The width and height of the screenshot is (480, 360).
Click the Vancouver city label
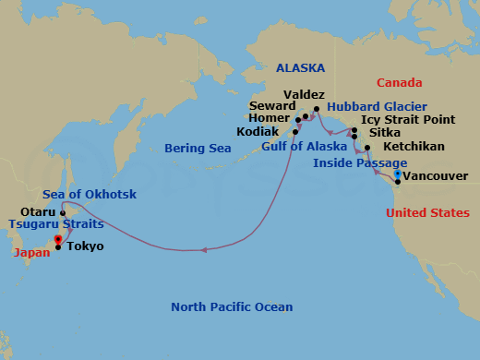pos(437,175)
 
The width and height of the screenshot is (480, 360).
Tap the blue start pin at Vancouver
pos(397,174)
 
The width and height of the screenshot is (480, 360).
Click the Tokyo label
pos(85,246)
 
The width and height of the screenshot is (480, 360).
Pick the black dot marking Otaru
pos(63,212)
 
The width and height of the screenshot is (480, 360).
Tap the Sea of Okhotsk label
pos(86,193)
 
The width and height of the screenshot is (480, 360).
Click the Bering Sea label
pos(198,148)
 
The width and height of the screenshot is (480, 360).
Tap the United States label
pos(426,212)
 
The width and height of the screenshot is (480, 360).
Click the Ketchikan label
pos(413,147)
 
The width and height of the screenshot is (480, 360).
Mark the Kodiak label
pos(263,132)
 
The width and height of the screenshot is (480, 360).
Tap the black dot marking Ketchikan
pos(367,148)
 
